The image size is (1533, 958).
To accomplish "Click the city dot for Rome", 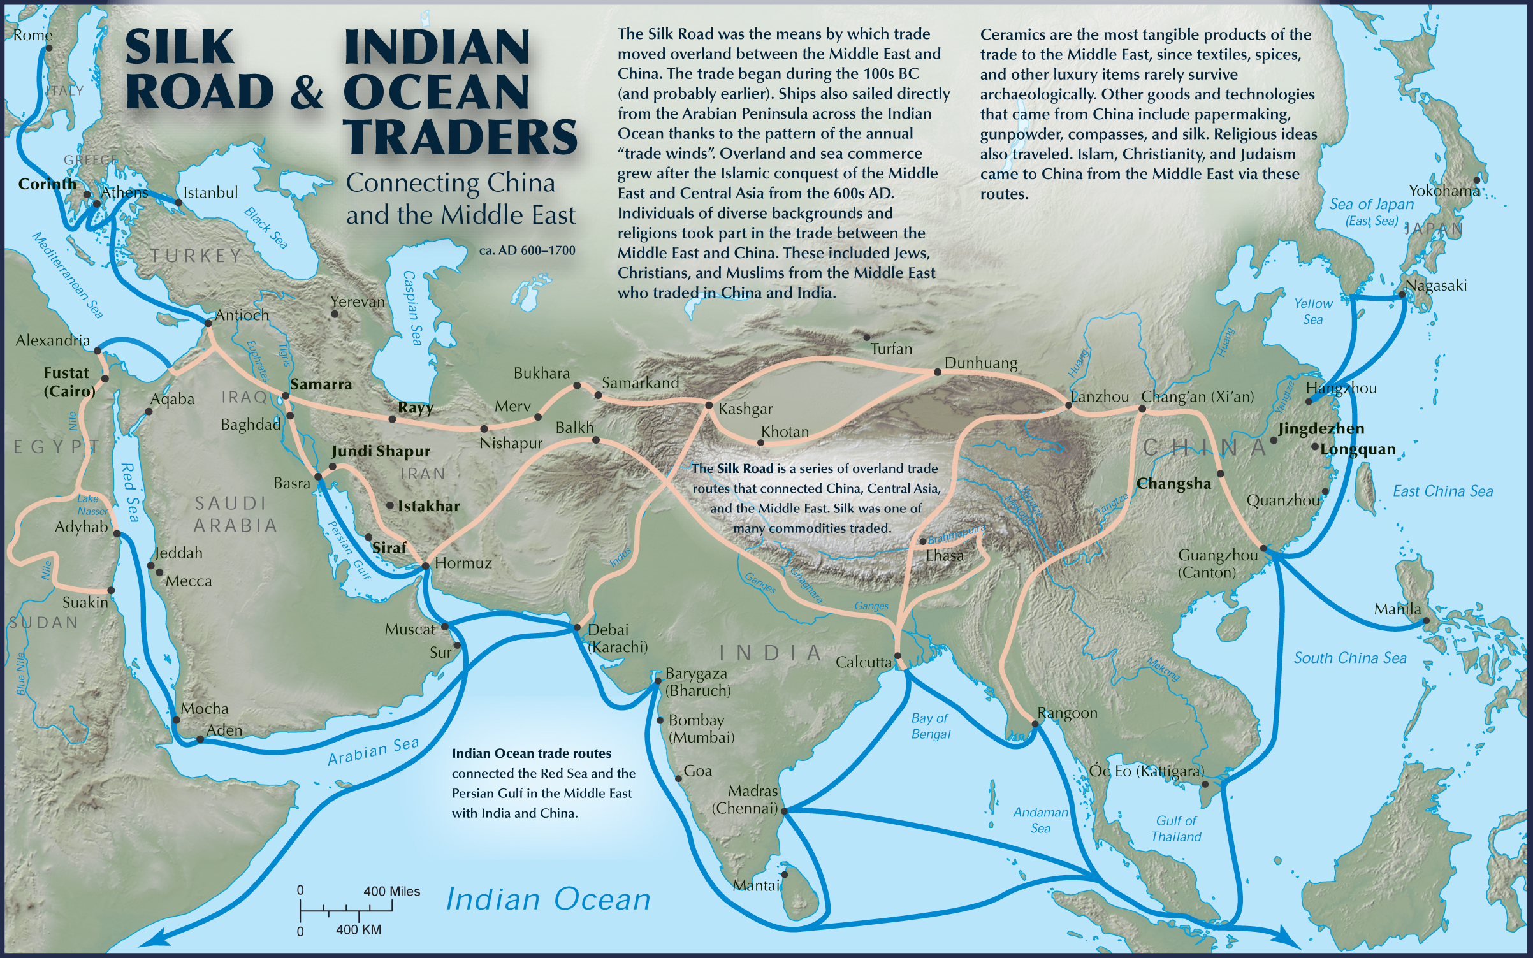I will click(x=49, y=48).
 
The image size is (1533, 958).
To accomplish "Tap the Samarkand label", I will click(x=640, y=382).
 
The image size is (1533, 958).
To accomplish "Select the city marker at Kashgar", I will click(x=708, y=405).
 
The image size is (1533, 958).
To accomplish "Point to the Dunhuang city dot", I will click(x=937, y=372).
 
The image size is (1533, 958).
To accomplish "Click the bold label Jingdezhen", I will click(x=1321, y=428).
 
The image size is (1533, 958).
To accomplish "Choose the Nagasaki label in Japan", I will click(x=1436, y=286).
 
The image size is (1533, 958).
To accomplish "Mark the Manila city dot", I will click(x=1426, y=620).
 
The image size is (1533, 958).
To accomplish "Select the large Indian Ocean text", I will click(x=548, y=899).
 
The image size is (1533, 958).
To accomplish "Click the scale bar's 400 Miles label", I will click(x=391, y=891).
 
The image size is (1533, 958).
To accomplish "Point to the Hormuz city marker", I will click(x=426, y=565).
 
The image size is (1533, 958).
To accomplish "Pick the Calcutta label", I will click(x=863, y=662).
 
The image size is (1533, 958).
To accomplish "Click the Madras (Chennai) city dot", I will click(x=784, y=811).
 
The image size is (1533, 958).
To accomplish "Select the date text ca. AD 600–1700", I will click(x=527, y=250).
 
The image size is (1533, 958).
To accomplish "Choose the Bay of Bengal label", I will click(x=930, y=726).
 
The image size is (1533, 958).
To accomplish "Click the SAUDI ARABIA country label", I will click(x=235, y=514).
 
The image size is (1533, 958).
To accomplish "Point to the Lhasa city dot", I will click(x=922, y=541).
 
